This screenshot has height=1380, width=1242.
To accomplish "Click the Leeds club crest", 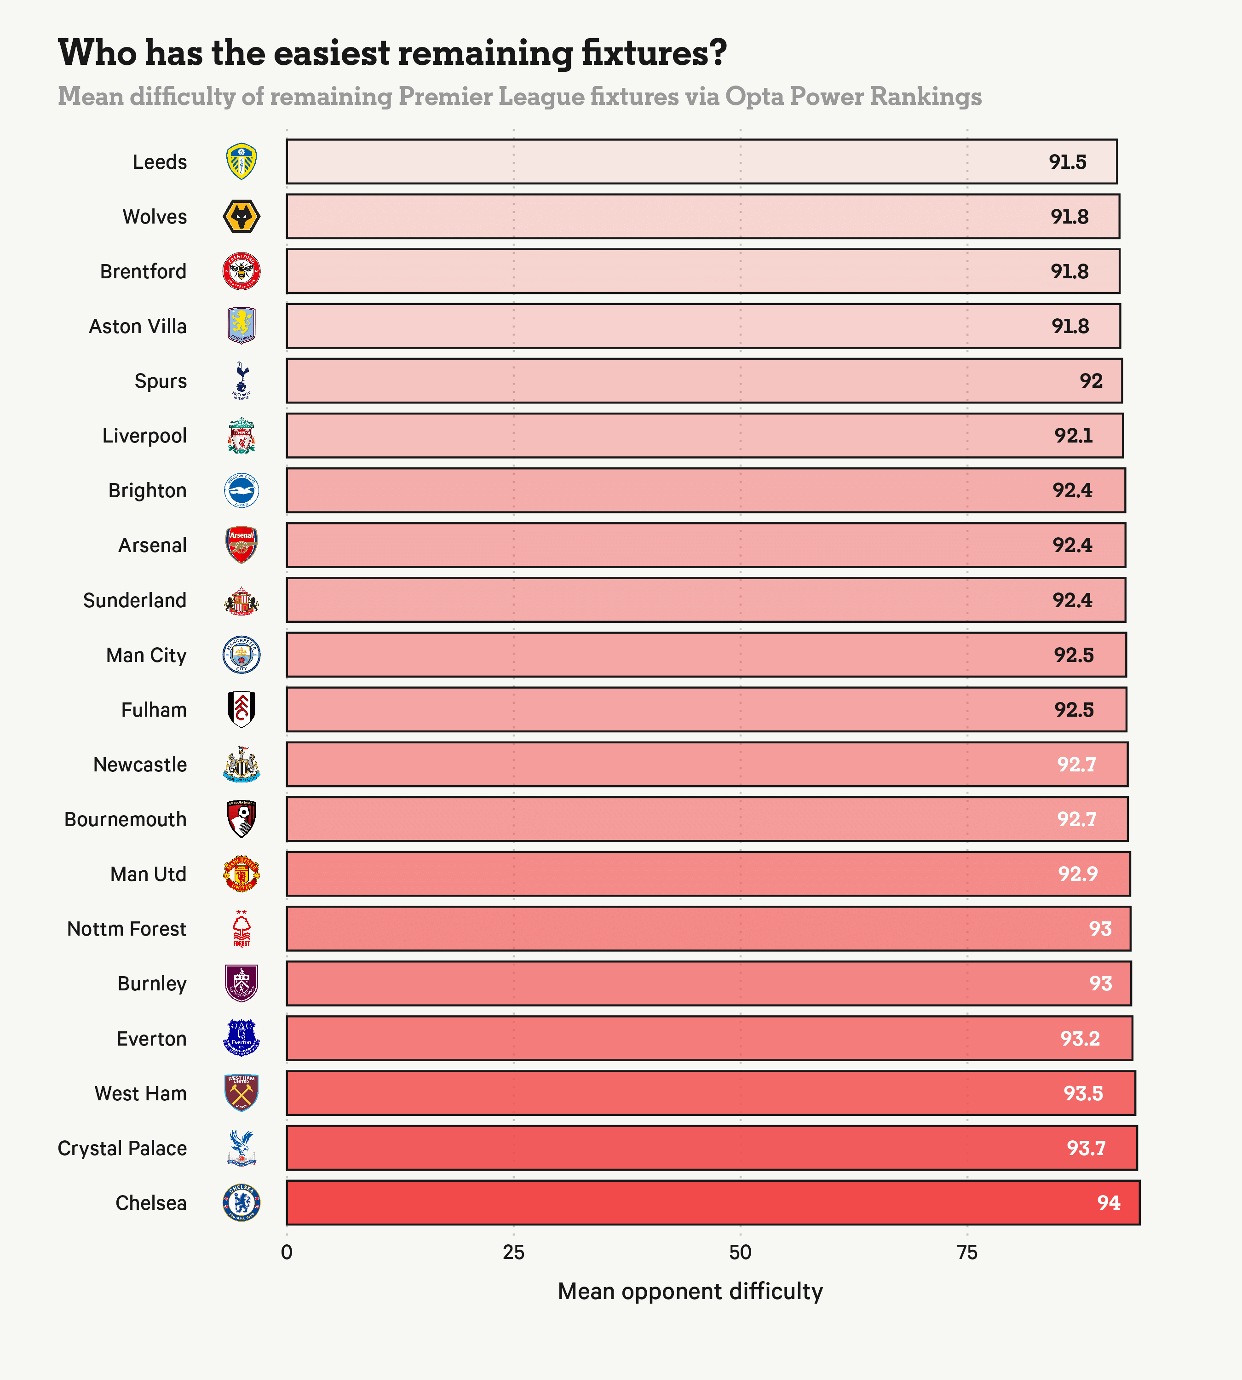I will [x=241, y=162].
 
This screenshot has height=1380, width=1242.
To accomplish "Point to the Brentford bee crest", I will [x=241, y=271].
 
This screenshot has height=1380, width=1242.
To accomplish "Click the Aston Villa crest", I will [x=241, y=326].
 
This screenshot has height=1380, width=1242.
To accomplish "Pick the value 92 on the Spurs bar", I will [x=1091, y=381].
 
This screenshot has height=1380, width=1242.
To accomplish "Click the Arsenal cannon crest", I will [x=241, y=545].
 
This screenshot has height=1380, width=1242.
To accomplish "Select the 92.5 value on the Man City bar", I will [x=1074, y=655].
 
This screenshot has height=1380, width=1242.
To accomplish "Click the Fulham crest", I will [x=241, y=709].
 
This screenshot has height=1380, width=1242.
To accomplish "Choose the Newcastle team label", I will [x=140, y=765].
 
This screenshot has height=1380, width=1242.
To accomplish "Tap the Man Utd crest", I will [x=241, y=874].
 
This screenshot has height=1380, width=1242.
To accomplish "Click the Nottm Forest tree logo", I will [x=241, y=929].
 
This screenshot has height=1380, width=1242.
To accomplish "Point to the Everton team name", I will [x=151, y=1039].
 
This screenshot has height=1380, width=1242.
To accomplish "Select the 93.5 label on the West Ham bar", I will [x=1083, y=1093].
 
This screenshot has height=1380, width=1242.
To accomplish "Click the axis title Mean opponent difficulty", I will [x=690, y=1291].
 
